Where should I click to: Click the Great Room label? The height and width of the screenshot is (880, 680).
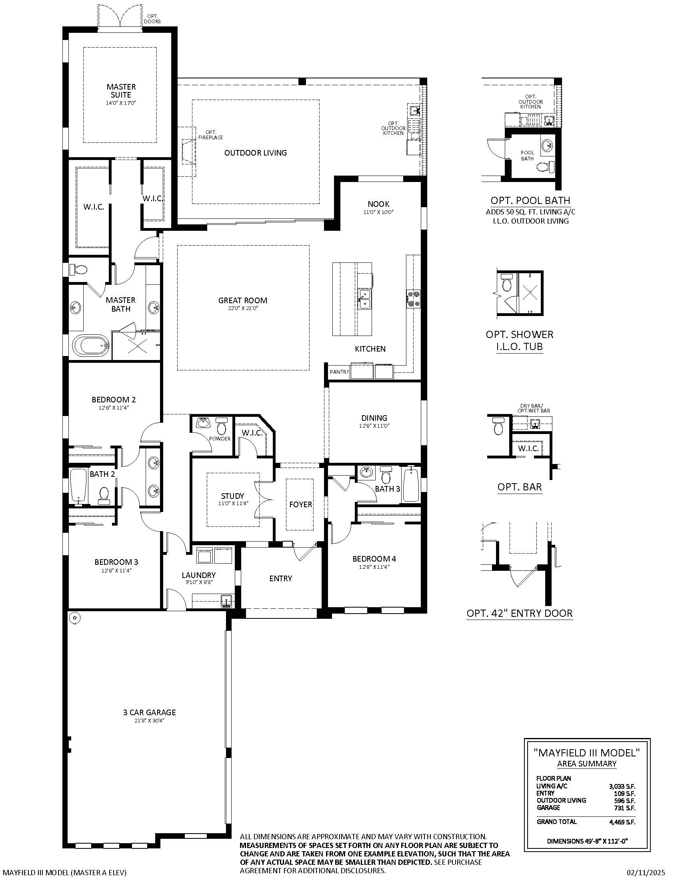tap(242, 300)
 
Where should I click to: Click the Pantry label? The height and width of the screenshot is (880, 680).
tap(339, 372)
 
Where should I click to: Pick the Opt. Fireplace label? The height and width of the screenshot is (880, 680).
tap(210, 134)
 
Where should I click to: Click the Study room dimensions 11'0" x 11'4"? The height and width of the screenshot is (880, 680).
tap(232, 503)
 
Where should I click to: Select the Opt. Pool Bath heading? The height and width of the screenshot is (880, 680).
tap(530, 200)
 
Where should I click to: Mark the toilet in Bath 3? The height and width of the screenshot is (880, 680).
tap(386, 476)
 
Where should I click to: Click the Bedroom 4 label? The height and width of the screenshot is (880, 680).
tap(374, 559)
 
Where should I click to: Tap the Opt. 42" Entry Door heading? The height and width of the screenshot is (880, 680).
tap(520, 613)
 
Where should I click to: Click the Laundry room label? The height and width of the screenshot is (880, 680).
tap(199, 575)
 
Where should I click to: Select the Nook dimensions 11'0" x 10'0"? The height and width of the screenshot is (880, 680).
tap(378, 212)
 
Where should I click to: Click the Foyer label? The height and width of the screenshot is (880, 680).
tap(300, 504)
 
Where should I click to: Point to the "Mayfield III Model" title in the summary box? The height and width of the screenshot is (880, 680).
tap(586, 752)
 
